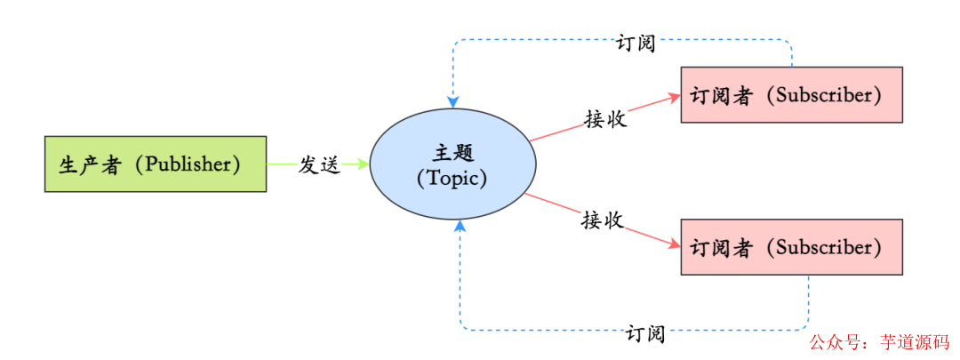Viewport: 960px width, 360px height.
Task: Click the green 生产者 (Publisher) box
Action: (x=156, y=164)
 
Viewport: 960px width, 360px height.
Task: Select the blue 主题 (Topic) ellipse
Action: (x=452, y=164)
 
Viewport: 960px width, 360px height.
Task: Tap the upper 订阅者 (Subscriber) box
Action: (x=791, y=94)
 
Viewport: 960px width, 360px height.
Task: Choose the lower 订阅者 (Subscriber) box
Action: (x=791, y=246)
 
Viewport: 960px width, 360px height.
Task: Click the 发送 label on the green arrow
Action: (x=318, y=164)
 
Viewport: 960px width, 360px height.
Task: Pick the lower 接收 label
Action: (x=602, y=220)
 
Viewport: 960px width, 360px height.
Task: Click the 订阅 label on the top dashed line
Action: (x=635, y=43)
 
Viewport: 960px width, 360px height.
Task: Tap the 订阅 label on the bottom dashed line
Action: (x=644, y=334)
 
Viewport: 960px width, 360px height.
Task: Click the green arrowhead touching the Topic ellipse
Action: (x=363, y=164)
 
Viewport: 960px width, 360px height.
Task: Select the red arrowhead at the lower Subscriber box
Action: (x=674, y=245)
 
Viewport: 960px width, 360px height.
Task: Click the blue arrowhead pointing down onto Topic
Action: (x=453, y=102)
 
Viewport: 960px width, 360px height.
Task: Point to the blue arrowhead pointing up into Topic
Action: (x=460, y=227)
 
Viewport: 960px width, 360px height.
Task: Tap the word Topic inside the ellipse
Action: (x=452, y=177)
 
